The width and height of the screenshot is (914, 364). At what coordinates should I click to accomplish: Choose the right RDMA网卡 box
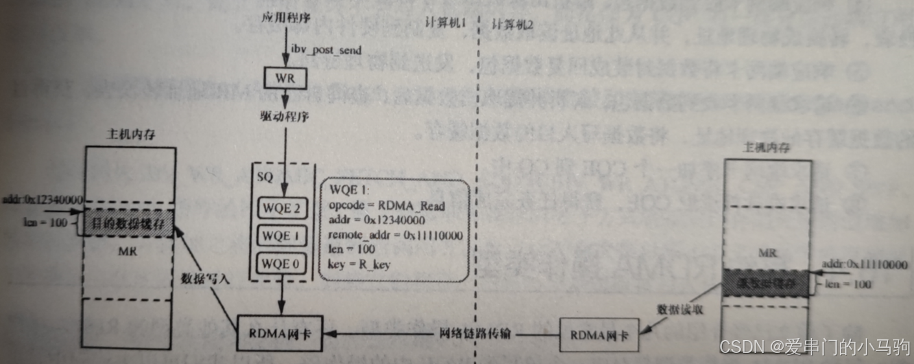click(594, 336)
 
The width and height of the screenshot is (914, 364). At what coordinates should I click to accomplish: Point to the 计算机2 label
click(512, 25)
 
